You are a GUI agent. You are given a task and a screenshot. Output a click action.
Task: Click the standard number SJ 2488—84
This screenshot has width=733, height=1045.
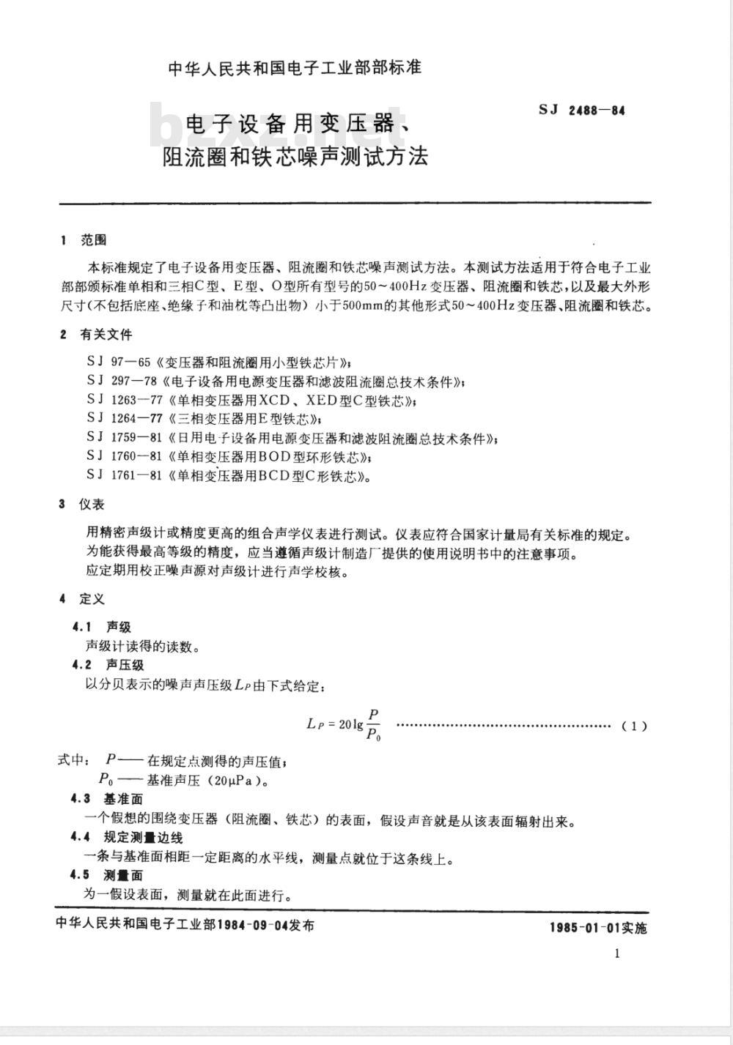click(582, 111)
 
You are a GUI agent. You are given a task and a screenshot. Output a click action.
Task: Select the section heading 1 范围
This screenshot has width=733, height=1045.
click(84, 240)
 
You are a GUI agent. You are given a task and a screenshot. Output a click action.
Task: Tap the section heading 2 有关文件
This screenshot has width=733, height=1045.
click(97, 335)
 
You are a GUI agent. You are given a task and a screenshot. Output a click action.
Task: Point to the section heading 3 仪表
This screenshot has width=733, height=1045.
click(82, 505)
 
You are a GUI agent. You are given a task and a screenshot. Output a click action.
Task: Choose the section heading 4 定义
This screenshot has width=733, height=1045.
click(82, 599)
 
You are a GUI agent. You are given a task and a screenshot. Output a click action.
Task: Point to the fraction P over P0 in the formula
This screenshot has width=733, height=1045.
click(373, 724)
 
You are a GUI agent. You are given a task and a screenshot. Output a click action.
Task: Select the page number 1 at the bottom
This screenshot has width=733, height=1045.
click(617, 953)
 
